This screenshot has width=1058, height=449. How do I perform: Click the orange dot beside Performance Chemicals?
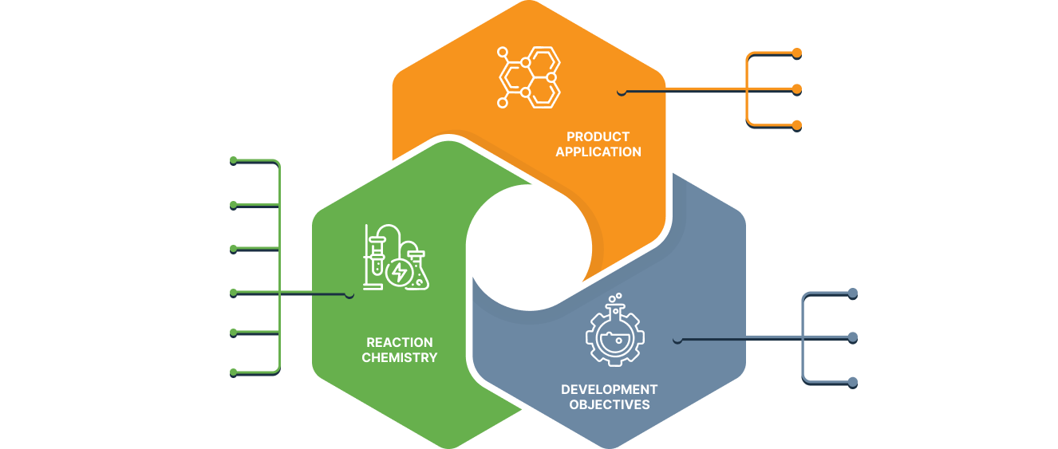pyautogui.click(x=796, y=53)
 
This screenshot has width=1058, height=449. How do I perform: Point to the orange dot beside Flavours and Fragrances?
pyautogui.click(x=796, y=124)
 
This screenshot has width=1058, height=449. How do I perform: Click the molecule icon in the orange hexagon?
pyautogui.click(x=529, y=78)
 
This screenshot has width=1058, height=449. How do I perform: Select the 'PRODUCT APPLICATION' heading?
pyautogui.click(x=598, y=144)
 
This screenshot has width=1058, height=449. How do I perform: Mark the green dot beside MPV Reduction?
pyautogui.click(x=233, y=332)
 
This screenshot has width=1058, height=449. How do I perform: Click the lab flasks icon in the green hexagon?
pyautogui.click(x=393, y=258)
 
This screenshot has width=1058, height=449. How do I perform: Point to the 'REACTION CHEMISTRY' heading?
pyautogui.click(x=399, y=350)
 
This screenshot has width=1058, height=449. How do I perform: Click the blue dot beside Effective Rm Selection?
pyautogui.click(x=852, y=381)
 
